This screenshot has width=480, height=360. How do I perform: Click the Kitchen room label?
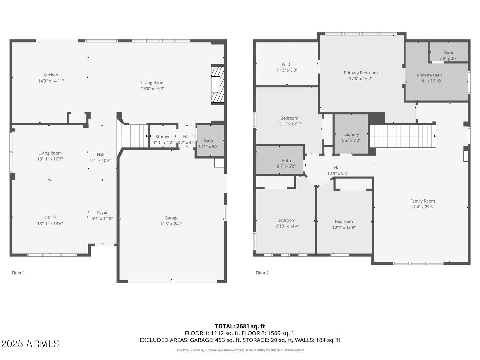51,75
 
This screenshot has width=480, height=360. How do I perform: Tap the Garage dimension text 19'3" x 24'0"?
172,224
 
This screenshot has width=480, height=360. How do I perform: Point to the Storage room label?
163,137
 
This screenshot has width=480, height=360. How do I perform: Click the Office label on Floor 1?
50,218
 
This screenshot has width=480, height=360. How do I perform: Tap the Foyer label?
102,212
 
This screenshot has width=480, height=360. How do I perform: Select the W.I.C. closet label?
287,64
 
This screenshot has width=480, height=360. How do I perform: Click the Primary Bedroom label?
361,73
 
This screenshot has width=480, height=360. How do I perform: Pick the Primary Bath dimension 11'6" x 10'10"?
429,81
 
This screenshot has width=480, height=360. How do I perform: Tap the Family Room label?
422,201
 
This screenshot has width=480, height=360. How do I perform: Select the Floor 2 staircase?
403,136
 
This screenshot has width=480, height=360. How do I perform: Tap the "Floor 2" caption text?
262,273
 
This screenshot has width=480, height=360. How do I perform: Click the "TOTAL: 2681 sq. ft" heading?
240,326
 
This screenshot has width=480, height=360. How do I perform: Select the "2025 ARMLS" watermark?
30,344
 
